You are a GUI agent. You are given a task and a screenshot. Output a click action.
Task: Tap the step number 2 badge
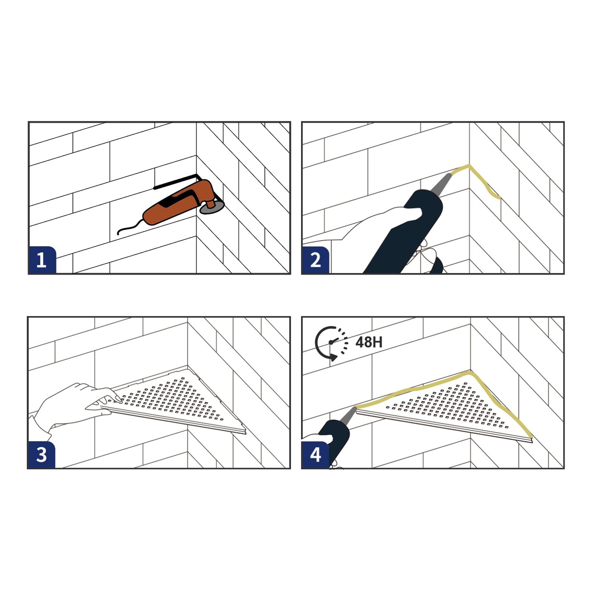316,260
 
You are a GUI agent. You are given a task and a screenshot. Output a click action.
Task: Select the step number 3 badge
42,455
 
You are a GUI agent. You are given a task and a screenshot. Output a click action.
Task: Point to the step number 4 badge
316,455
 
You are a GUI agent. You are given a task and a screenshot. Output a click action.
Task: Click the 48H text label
369,342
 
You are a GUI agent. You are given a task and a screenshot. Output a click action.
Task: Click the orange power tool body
177,203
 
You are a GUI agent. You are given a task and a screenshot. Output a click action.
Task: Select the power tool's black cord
130,227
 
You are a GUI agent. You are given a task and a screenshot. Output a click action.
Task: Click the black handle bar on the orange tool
176,181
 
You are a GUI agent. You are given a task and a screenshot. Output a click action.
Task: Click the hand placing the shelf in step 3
75,406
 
